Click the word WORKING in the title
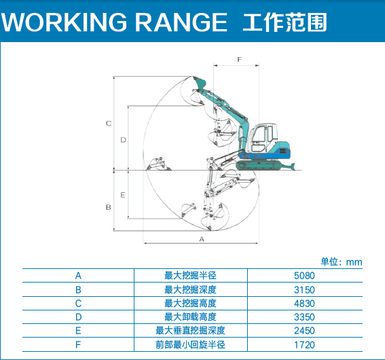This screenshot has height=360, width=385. point(64,22)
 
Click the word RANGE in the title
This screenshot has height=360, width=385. point(181,22)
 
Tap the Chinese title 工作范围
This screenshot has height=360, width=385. point(285,22)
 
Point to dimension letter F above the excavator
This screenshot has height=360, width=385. point(240,60)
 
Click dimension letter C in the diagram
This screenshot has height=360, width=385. point(109,123)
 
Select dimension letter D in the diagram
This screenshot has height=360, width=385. point(123,140)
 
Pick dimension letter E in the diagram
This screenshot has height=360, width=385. point(123,195)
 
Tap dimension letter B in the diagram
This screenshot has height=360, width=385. point(108,207)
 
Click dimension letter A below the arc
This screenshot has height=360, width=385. point(202,239)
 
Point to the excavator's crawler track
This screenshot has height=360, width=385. point(259,166)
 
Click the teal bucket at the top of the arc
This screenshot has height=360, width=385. point(200,83)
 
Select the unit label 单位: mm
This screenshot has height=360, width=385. point(342,262)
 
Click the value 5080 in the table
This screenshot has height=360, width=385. point(304,276)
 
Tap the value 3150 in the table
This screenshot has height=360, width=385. point(304,290)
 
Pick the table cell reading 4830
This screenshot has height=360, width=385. point(304,304)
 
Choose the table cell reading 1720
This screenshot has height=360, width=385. point(304,345)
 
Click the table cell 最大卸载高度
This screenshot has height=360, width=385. point(190,317)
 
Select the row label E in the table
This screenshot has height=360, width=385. point(78,331)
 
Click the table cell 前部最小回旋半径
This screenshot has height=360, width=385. point(190,345)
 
